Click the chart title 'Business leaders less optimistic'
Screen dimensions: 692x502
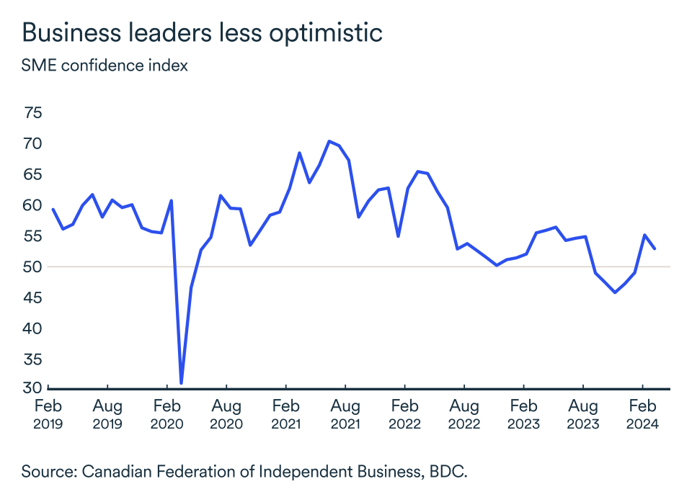(202, 33)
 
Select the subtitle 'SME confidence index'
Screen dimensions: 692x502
(105, 66)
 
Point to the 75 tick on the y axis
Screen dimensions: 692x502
(32, 112)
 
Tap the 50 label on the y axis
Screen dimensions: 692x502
(32, 267)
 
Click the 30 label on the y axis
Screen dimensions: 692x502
(32, 387)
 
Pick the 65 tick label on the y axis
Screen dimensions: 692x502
(32, 174)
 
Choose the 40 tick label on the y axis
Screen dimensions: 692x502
(32, 328)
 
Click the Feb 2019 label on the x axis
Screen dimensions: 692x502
(48, 414)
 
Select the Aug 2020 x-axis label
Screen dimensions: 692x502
(226, 414)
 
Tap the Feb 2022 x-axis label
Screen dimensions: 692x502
(404, 414)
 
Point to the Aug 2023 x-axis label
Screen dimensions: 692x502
(583, 414)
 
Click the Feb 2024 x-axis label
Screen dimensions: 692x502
(642, 414)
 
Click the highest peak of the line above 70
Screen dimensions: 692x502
(329, 141)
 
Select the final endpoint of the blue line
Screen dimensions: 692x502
(655, 248)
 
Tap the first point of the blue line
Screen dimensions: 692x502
(53, 209)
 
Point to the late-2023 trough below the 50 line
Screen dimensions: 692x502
(615, 292)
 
